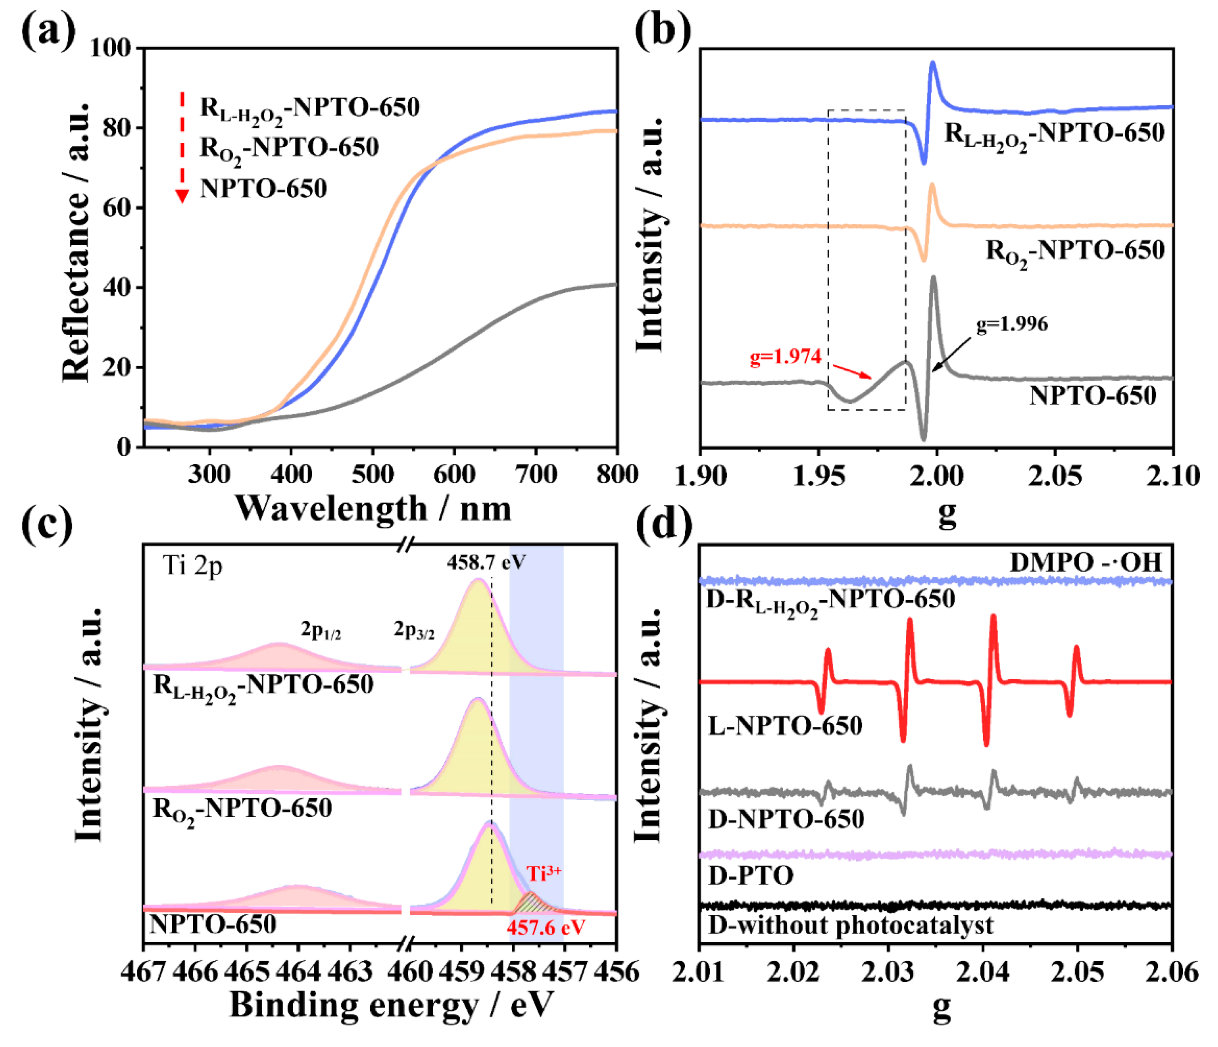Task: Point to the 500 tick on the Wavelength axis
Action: coord(372,474)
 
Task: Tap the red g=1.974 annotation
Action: coord(785,357)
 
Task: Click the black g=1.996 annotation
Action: coord(1012,324)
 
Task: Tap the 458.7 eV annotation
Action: coord(486,563)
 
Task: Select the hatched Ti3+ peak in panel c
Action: coord(532,903)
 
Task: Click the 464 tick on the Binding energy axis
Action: coord(299,972)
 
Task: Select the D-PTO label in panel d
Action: coord(750,875)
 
